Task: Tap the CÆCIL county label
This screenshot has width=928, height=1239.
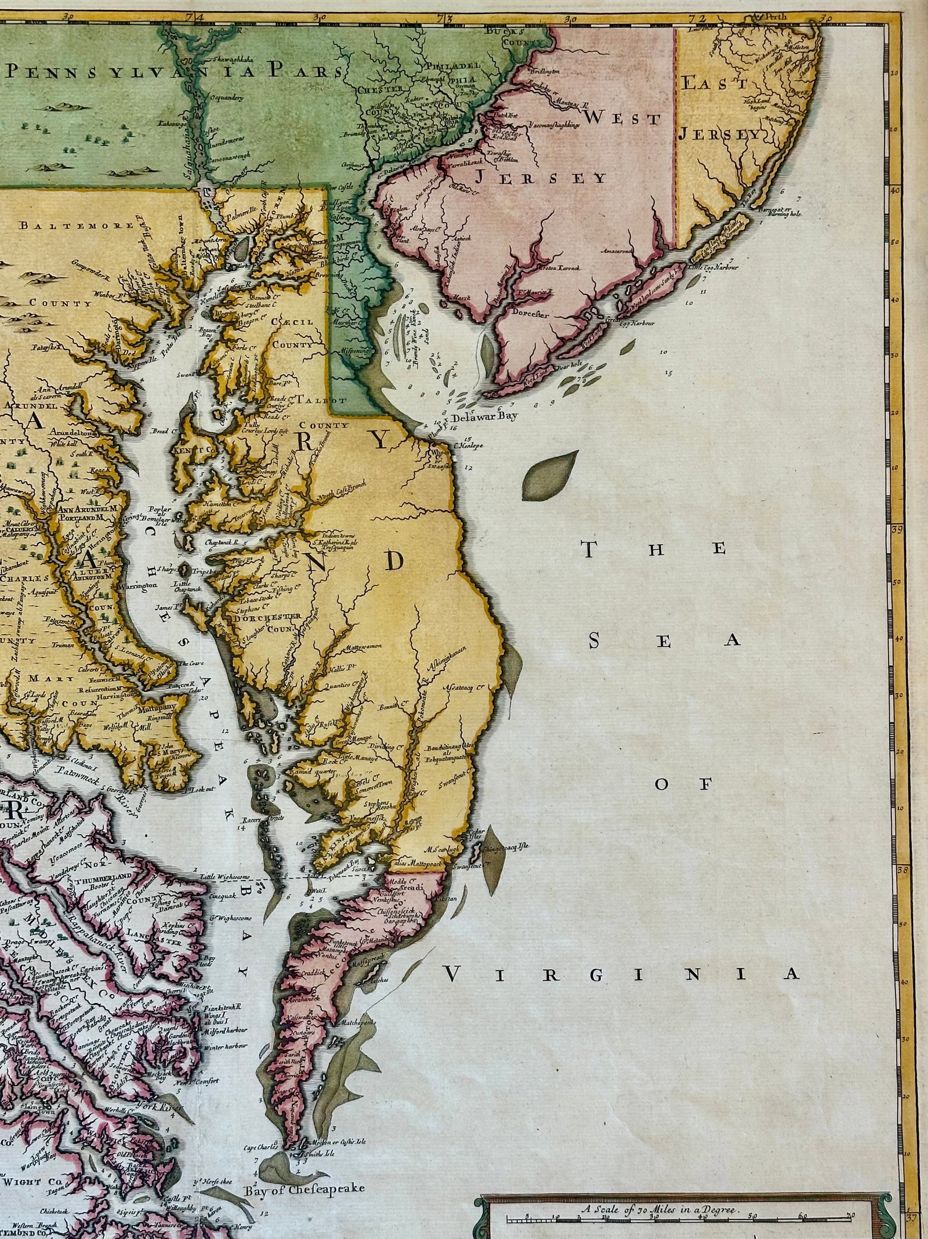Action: click(293, 322)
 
